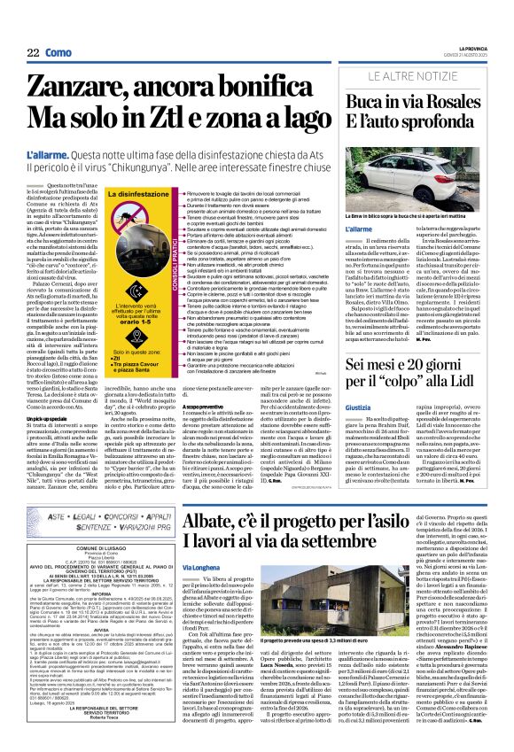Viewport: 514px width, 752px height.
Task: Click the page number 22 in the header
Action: click(33, 28)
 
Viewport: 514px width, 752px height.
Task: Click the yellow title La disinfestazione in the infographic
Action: click(134, 192)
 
